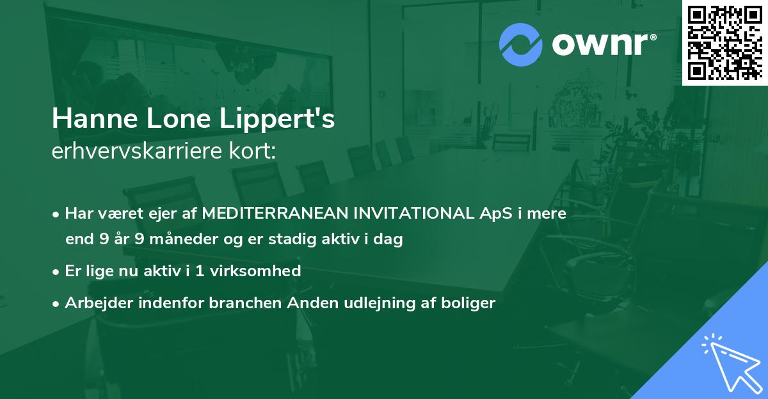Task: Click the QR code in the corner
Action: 725,42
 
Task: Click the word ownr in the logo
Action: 600,45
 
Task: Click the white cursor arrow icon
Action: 729,361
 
